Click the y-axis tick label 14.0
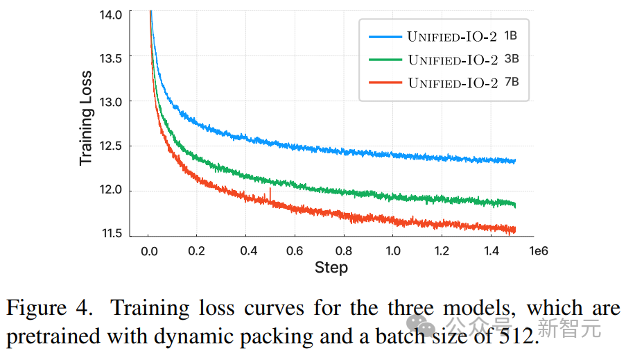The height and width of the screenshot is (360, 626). (111, 13)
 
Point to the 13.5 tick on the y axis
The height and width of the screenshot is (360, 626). (111, 58)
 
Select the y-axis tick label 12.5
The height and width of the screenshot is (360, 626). (111, 146)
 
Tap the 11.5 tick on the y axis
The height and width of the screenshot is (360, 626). (111, 234)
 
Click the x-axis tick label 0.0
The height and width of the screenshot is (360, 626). (149, 250)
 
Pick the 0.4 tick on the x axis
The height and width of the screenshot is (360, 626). (246, 250)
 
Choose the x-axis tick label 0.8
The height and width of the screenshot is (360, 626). (344, 250)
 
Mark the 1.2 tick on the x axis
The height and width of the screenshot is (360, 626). (442, 250)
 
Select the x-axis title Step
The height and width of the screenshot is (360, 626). (331, 267)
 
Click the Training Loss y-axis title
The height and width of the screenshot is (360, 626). (85, 117)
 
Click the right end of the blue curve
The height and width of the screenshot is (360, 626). (514, 161)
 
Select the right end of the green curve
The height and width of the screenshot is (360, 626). (514, 204)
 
